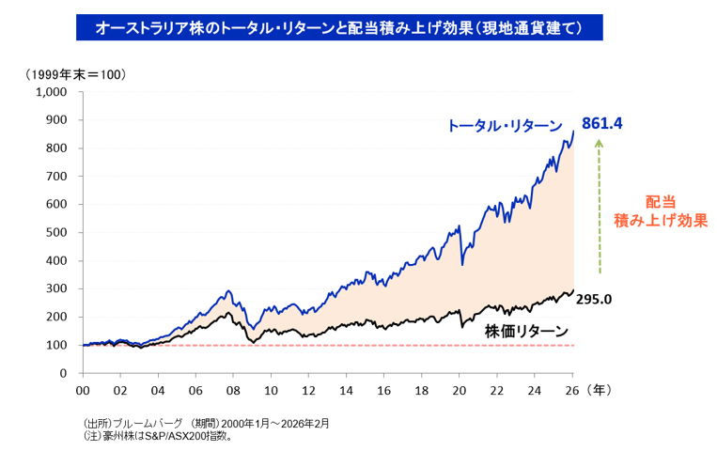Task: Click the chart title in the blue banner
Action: coord(338,28)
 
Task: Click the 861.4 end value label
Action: coord(603,123)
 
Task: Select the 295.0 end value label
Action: coord(594,300)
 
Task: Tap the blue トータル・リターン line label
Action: coord(505,126)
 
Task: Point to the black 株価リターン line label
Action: coord(526,331)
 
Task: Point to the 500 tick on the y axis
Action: coord(56,232)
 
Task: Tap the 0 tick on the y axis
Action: coord(63,373)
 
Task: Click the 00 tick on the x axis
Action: coord(83,390)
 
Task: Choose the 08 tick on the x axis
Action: coord(233,390)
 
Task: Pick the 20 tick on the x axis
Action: coord(460,390)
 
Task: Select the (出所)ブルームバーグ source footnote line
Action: coord(206,423)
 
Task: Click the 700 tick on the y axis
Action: coord(56,176)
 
